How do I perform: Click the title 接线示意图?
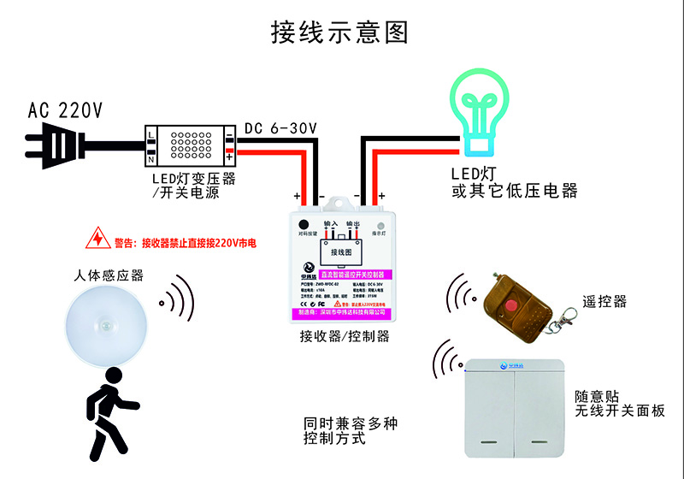(339, 32)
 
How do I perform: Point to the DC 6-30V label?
(280, 128)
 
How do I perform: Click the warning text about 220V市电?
(185, 243)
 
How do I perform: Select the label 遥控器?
(604, 302)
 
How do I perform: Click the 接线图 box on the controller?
(344, 252)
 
